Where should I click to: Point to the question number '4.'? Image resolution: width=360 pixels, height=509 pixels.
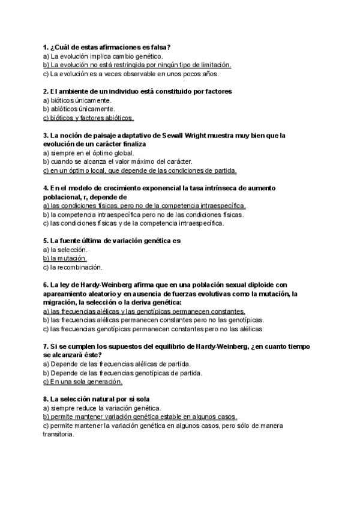[x=46, y=188]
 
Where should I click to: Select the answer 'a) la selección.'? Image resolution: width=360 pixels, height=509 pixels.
[x=65, y=249]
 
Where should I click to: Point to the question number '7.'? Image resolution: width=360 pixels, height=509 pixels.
[x=46, y=346]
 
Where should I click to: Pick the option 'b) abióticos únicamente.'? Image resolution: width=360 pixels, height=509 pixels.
[x=79, y=109]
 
